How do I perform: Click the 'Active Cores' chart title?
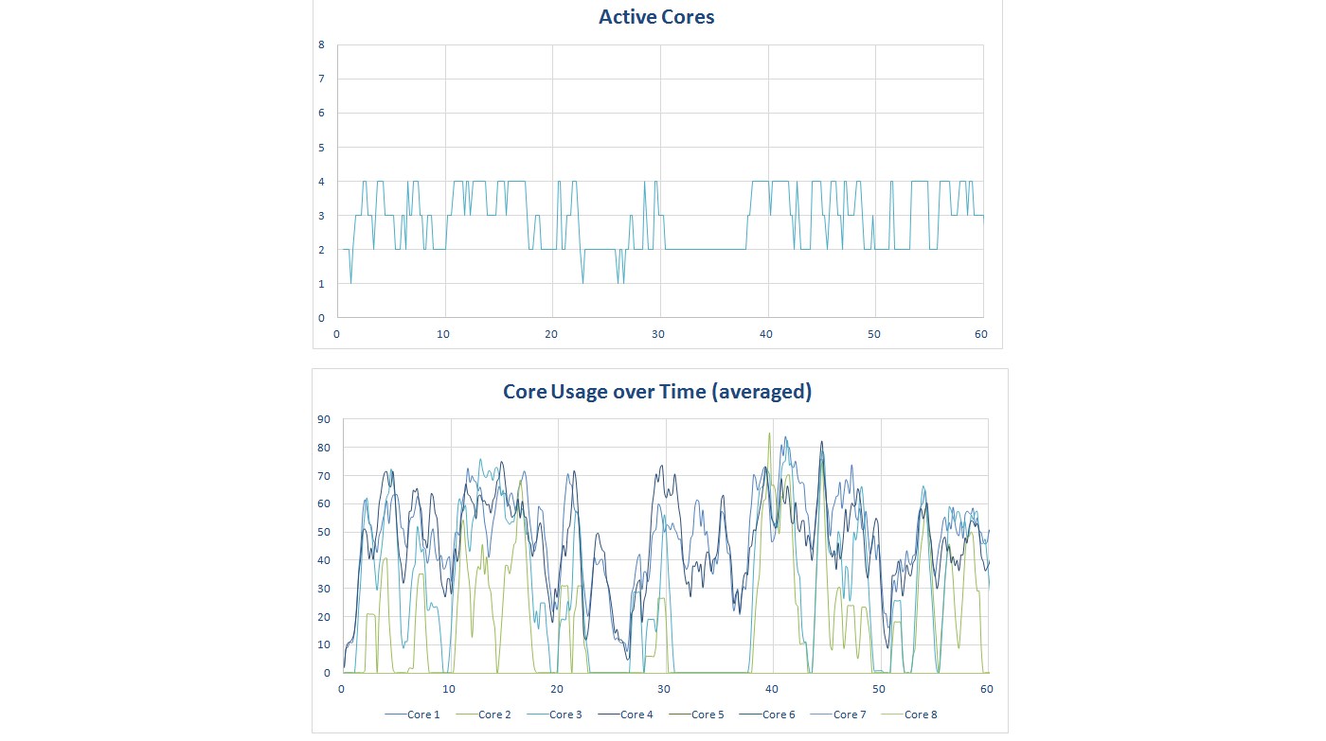click(656, 17)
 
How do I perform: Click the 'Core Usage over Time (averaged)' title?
click(656, 392)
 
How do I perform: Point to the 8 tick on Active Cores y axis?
click(321, 44)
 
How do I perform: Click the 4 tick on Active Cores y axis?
click(321, 182)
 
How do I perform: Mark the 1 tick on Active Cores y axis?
click(321, 284)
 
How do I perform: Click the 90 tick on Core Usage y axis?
click(324, 419)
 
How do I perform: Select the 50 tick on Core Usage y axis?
click(324, 532)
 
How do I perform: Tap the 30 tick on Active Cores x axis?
click(659, 334)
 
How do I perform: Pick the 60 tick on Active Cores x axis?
click(982, 334)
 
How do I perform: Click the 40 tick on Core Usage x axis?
click(772, 689)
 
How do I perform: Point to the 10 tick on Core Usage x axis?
click(449, 689)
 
